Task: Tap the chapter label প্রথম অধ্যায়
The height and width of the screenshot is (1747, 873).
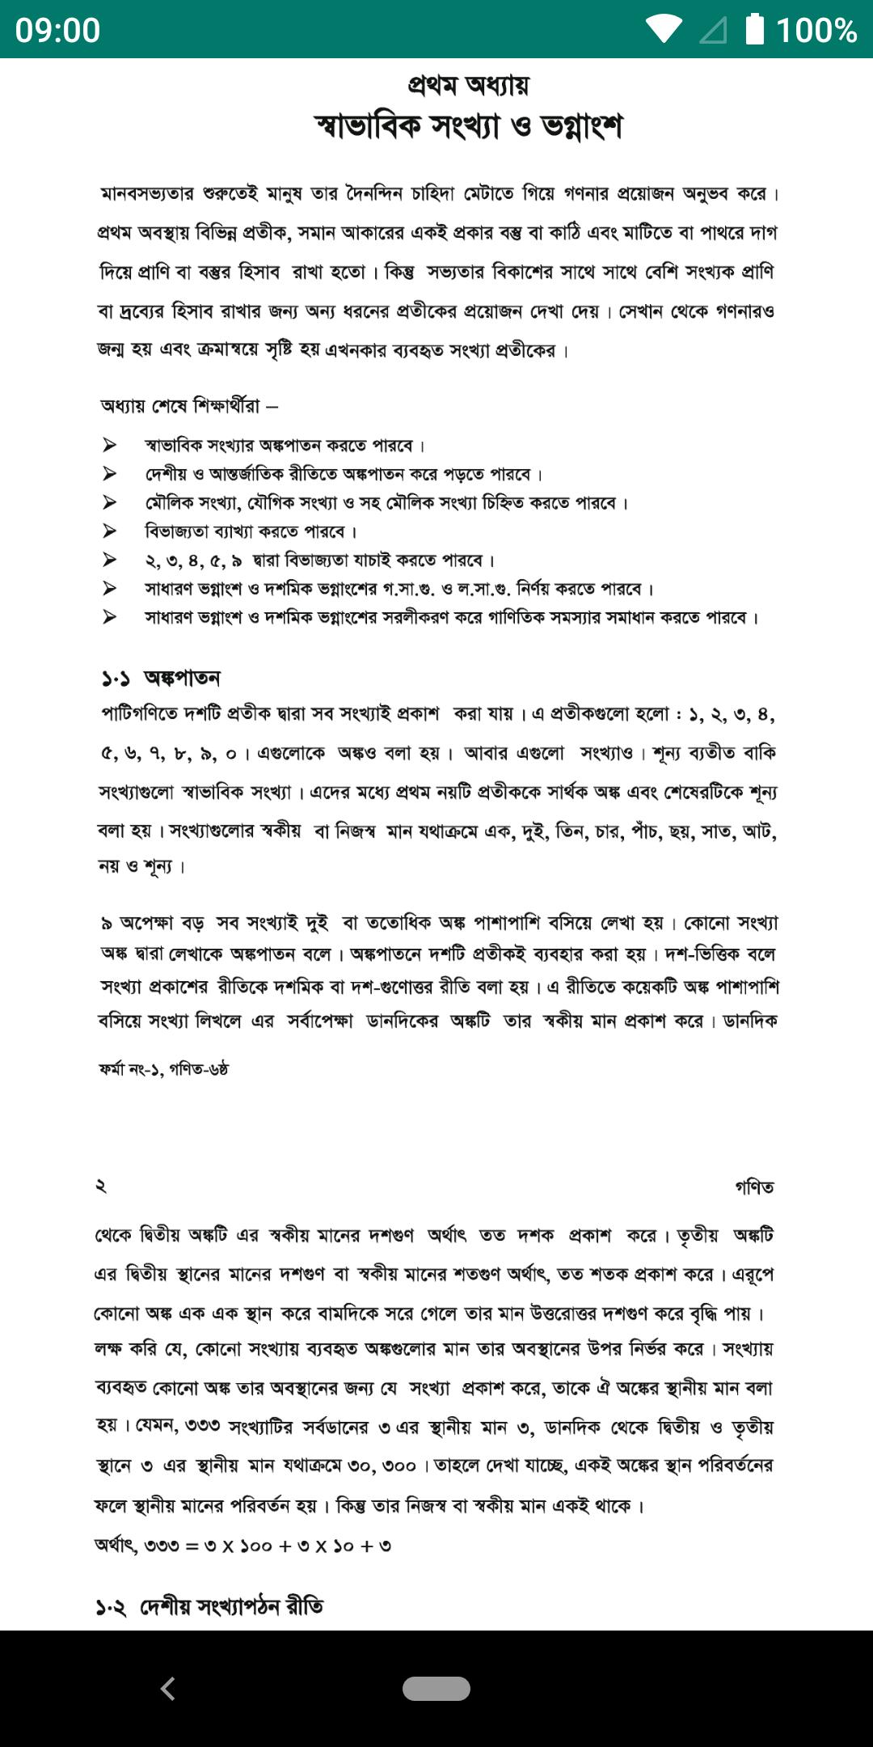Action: [468, 84]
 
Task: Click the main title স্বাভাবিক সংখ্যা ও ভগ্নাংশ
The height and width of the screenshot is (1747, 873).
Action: [468, 126]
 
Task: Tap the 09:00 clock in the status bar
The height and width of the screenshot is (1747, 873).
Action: [57, 30]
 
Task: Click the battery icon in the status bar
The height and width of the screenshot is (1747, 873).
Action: [754, 29]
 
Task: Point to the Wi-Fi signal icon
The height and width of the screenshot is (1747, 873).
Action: [664, 30]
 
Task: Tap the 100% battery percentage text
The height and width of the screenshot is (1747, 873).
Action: [816, 30]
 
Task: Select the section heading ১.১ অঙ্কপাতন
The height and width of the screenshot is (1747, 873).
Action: [161, 678]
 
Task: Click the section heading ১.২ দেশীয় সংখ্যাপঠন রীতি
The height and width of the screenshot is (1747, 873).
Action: [209, 1605]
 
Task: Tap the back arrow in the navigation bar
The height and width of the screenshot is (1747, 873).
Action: [168, 1688]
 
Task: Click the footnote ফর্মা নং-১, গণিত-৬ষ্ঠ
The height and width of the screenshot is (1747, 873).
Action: [164, 1069]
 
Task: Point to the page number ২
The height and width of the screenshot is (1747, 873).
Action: [101, 1187]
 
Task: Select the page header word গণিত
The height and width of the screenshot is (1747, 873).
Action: [754, 1187]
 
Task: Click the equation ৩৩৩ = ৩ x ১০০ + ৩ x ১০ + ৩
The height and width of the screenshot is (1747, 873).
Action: [243, 1546]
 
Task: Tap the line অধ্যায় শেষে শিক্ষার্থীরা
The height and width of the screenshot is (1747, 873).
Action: [188, 406]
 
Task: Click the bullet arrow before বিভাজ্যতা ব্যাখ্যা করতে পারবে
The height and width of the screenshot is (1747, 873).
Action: [109, 531]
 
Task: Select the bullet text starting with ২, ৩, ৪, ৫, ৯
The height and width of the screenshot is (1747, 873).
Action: [319, 560]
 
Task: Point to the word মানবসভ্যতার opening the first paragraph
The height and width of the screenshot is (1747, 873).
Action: [147, 194]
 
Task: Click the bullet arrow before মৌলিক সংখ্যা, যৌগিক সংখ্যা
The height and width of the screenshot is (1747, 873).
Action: [109, 503]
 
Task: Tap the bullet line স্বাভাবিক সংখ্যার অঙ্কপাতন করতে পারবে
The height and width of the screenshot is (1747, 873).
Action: [285, 446]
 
